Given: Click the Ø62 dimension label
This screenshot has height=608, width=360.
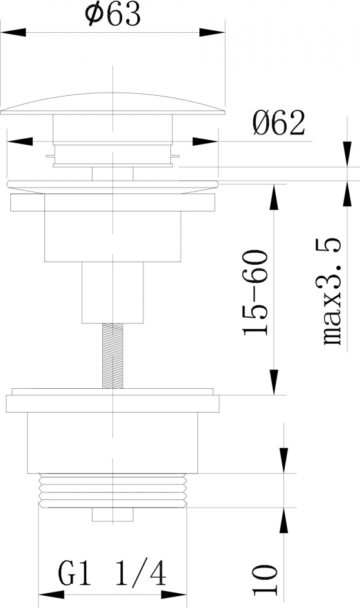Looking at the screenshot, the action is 279,123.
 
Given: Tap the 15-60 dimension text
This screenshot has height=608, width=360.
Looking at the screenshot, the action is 255,293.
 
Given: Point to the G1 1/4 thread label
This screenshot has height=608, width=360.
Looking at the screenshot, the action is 112,574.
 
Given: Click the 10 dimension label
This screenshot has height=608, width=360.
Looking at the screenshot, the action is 265,580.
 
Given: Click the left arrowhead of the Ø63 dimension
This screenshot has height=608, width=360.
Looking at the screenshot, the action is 14,33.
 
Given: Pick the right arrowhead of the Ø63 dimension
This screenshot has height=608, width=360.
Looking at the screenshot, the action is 212,33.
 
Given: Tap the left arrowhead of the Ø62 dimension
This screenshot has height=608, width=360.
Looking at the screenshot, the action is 20,141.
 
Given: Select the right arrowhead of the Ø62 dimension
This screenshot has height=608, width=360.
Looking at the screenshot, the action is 205,141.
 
